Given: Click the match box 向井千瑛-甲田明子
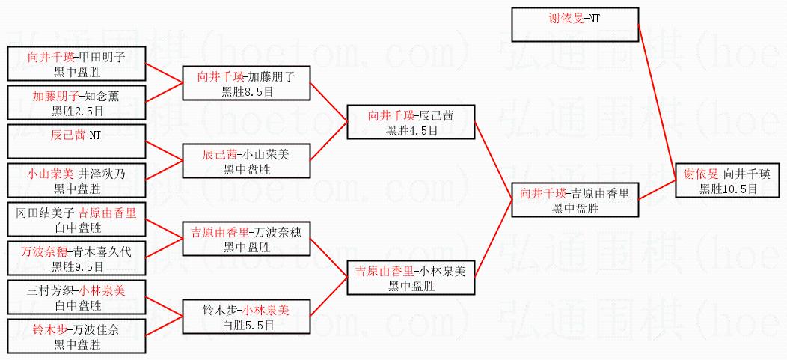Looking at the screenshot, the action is [x=76, y=63].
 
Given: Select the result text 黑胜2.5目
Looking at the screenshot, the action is [x=77, y=111].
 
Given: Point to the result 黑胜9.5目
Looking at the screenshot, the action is [x=77, y=266].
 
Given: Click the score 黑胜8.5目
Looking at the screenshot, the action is [x=246, y=91].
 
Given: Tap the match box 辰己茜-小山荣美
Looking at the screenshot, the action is [x=246, y=162].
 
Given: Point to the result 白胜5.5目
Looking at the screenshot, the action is [x=246, y=325].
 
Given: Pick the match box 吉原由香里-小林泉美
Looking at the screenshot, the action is [x=411, y=278].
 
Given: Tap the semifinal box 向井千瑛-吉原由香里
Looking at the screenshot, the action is [x=575, y=200].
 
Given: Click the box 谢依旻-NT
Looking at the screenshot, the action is [x=575, y=25].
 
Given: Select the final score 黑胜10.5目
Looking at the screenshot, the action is [x=728, y=189].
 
